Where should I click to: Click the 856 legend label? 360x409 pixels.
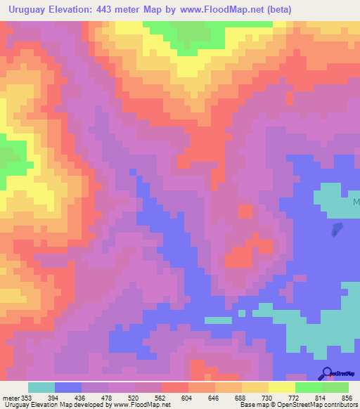pyautogui.click(x=347, y=397)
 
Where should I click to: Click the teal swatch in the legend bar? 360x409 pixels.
pyautogui.click(x=41, y=387)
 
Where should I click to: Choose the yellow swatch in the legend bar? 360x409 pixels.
pyautogui.click(x=281, y=387)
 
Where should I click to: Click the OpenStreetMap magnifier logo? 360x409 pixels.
pyautogui.click(x=326, y=373)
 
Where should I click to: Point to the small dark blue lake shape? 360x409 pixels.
pyautogui.click(x=337, y=229)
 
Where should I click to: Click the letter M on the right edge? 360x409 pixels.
pyautogui.click(x=356, y=202)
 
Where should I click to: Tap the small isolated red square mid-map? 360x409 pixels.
pyautogui.click(x=245, y=211)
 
